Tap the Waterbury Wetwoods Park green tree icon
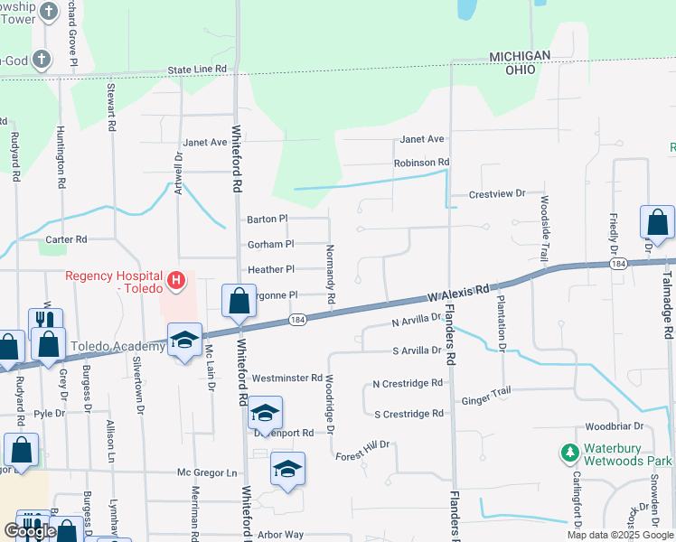tap(569, 451)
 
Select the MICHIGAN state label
tap(520, 56)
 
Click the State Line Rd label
tap(197, 69)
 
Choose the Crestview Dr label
tap(497, 194)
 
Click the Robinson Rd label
tap(421, 163)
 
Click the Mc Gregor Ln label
tap(206, 472)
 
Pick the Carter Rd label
tap(66, 239)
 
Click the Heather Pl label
tap(271, 269)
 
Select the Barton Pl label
tap(267, 219)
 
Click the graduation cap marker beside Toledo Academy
tap(185, 341)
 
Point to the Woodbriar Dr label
tap(614, 425)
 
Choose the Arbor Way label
tap(280, 535)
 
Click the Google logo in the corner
tap(29, 531)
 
